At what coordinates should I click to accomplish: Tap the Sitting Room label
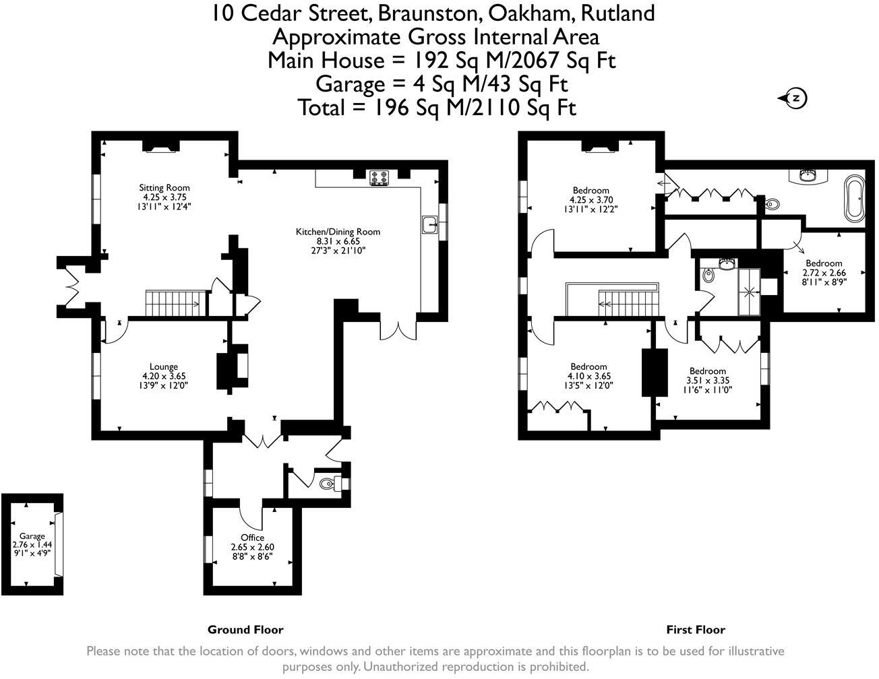pos(164,188)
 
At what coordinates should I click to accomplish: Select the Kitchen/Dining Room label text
pos(338,232)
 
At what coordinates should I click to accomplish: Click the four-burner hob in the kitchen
pos(379,178)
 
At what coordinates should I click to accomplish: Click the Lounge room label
pos(164,367)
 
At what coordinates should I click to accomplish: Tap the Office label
pos(252,538)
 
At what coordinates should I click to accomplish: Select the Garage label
pos(32,536)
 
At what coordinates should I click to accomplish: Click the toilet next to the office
pos(327,483)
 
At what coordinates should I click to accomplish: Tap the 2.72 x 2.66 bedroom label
pos(824,263)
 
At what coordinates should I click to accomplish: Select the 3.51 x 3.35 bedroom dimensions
pos(708,380)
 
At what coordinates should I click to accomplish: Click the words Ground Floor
pos(245,630)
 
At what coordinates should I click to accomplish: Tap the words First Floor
pos(696,630)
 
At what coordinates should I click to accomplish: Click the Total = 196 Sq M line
pos(437,107)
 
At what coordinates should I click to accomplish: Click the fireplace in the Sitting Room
pos(160,147)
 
